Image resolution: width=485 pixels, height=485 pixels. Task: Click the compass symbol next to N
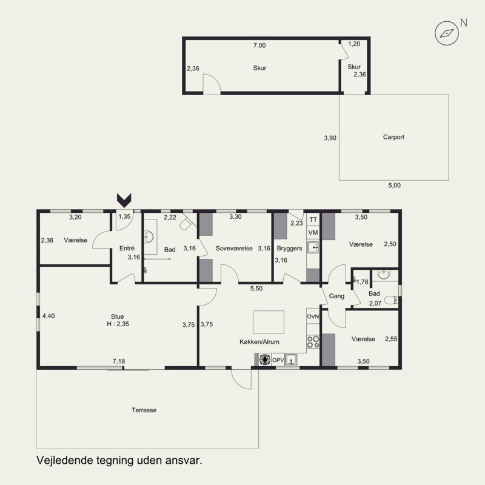click(447, 33)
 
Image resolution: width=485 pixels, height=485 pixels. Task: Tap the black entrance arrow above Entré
click(124, 201)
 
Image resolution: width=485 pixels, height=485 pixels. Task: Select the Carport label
click(393, 137)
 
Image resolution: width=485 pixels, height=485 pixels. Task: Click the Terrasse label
click(144, 410)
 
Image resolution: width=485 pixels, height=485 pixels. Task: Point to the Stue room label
click(117, 316)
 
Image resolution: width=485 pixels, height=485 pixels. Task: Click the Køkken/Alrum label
click(259, 342)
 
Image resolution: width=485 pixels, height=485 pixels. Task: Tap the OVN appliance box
click(313, 316)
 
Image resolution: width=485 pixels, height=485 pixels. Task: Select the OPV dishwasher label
click(278, 360)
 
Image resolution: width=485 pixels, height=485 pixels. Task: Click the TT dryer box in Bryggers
click(313, 219)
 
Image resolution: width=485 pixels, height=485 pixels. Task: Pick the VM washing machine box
click(313, 233)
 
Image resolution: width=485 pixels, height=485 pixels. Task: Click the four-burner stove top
click(313, 342)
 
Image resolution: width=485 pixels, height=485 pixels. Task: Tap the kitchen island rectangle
click(269, 322)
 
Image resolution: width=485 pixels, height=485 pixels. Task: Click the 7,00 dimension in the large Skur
click(259, 45)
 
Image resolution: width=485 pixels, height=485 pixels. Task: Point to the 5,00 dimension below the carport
click(395, 186)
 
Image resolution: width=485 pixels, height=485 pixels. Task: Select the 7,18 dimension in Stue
click(119, 361)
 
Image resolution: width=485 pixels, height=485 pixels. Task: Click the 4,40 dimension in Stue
click(48, 316)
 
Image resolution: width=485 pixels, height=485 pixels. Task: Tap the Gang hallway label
click(336, 296)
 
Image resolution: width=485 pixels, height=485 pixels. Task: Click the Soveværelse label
click(234, 249)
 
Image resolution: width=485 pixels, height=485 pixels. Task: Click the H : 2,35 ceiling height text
click(118, 324)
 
